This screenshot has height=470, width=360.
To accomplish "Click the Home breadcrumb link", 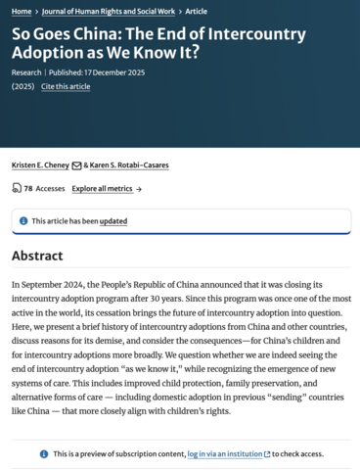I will pos(22,12).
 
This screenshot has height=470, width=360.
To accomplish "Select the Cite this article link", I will pos(66,86).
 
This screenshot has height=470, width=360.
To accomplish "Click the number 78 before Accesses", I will pos(29,188).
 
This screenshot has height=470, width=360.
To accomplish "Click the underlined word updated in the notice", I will pos(113,221).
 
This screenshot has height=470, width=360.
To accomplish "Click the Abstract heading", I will pos(37,257).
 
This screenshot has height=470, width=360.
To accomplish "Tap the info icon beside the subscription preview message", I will pos(44,453).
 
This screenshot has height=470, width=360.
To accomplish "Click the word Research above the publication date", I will pos(26,71).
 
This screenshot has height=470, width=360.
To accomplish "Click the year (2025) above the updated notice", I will pos(23,86).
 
